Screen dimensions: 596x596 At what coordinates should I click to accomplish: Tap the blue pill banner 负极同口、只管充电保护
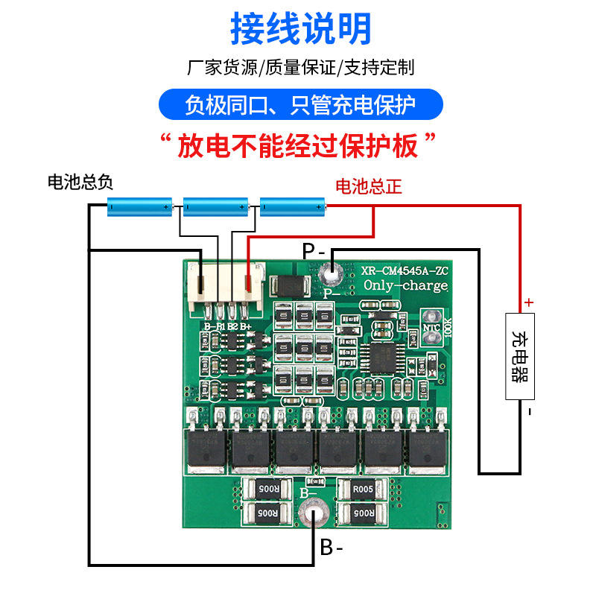pos(300,105)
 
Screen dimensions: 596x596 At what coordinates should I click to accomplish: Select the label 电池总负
pos(80,183)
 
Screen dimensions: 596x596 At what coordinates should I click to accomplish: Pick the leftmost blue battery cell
pos(140,206)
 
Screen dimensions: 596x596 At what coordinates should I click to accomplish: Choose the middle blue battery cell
pos(216,206)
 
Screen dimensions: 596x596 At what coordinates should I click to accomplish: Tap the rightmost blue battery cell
pos(293,206)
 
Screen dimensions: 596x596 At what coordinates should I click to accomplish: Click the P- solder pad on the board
pos(329,276)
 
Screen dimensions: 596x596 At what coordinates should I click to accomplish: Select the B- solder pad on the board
pos(311,516)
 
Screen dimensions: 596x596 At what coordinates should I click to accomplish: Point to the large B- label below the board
pos(332,548)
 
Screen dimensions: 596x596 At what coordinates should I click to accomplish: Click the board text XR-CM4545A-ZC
pos(404,271)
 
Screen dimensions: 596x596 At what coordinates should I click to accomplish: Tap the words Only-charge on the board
pos(405,286)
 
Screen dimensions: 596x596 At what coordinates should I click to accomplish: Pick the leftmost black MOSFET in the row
pos(204,451)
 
